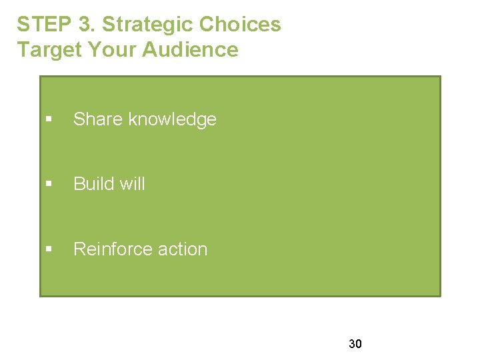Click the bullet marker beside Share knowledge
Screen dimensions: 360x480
point(49,120)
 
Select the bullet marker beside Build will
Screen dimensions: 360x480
point(49,185)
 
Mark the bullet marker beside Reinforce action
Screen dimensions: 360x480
point(49,249)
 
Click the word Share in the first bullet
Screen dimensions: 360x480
point(98,119)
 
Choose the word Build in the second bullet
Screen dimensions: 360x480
point(93,184)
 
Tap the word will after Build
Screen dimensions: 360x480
point(132,184)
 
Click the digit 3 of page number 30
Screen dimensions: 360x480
point(351,344)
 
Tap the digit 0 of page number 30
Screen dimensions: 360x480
point(359,344)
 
